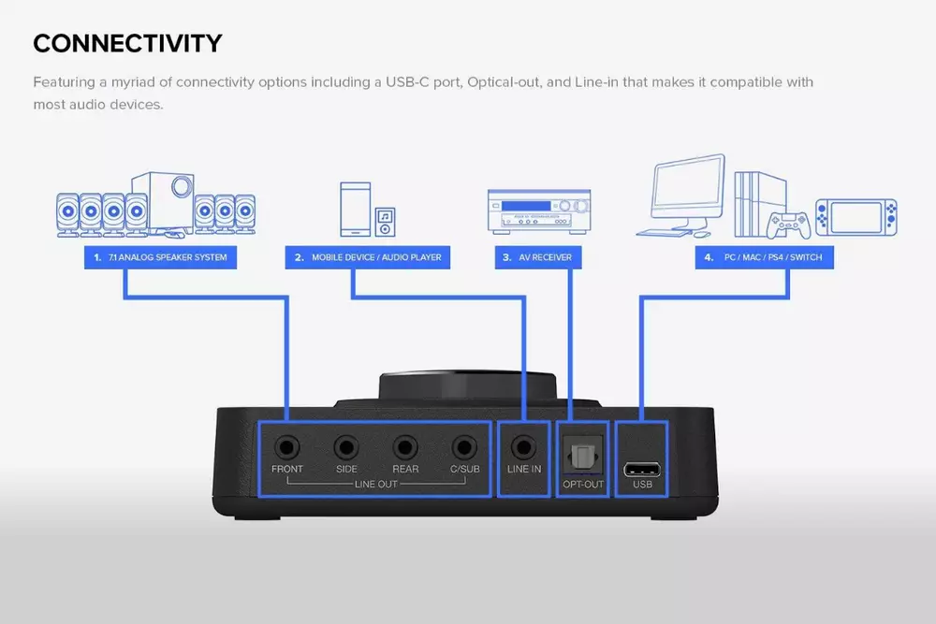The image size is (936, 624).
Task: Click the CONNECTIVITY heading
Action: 127,44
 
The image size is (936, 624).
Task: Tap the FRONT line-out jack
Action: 287,447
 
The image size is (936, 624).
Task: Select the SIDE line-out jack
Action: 346,447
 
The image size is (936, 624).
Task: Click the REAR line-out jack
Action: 404,447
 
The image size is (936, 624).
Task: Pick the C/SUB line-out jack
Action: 464,447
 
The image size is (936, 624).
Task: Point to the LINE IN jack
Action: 523,447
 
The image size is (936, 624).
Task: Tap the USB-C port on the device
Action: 642,470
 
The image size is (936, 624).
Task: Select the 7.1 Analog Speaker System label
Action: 161,257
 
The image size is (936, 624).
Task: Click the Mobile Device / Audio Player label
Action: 368,257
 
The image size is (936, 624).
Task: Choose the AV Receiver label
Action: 538,257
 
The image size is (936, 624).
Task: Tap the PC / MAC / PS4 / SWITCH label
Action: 764,257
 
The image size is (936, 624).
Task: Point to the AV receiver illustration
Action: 539,210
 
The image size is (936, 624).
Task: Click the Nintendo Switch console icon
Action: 856,217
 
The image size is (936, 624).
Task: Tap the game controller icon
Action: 788,225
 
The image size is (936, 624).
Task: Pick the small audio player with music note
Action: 385,222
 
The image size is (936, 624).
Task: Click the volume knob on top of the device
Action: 467,386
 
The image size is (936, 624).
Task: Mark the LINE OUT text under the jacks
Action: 376,484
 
